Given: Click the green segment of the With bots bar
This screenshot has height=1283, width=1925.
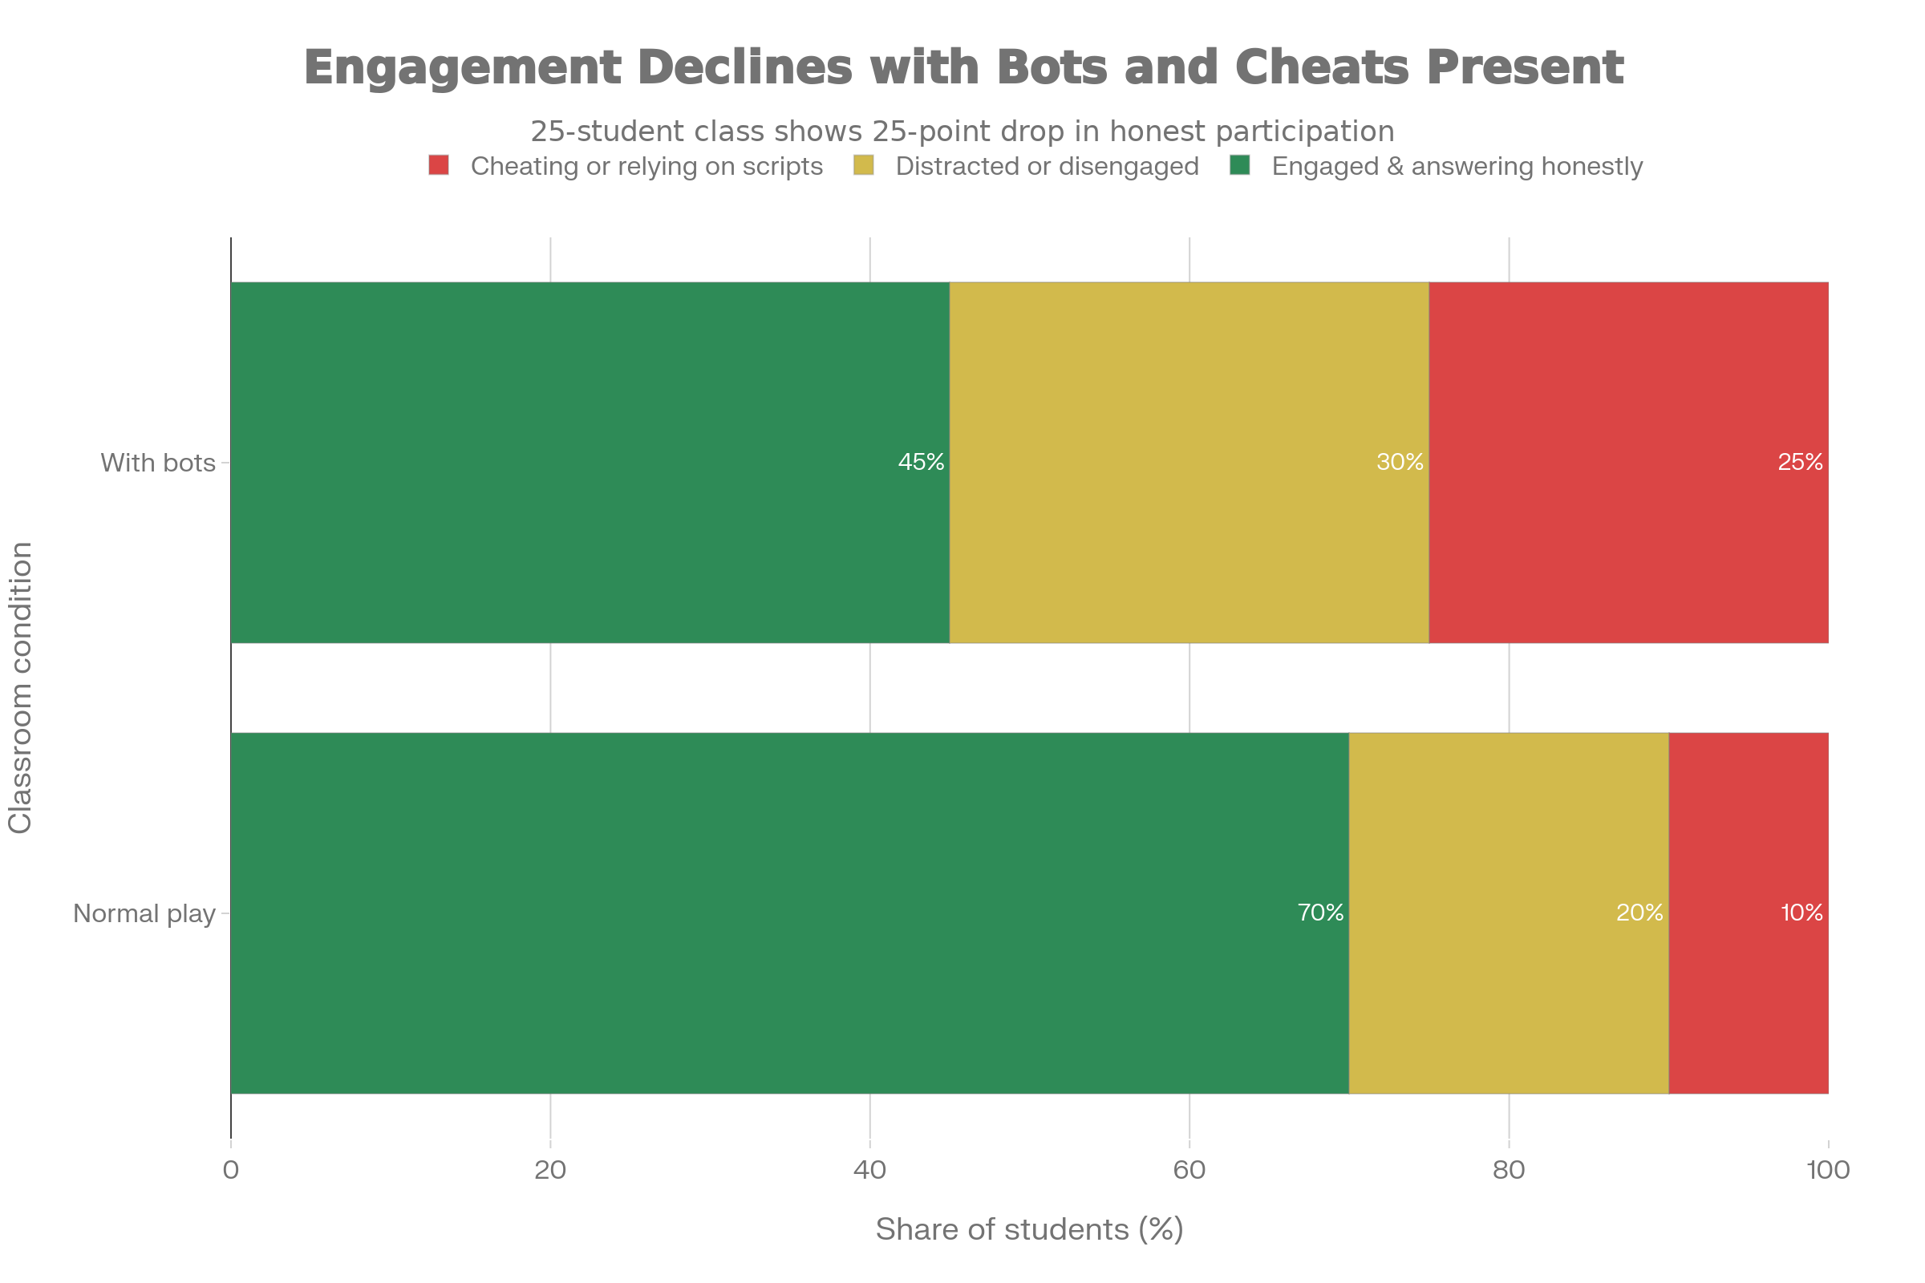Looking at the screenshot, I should tap(590, 463).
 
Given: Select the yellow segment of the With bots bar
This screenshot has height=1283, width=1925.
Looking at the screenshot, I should tap(1189, 463).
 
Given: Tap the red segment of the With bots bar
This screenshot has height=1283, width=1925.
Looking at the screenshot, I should tap(1628, 463).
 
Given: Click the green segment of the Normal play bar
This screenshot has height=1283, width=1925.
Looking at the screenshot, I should tap(789, 913).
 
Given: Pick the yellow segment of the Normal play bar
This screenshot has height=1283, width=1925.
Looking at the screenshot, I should tap(1509, 913).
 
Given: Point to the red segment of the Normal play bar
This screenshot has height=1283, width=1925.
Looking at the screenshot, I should tap(1749, 913).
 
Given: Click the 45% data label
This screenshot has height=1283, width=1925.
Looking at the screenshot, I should tap(921, 463).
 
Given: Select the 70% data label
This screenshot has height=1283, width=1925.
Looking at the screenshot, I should tap(1320, 913).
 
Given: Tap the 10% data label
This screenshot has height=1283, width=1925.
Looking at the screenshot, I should tap(1801, 913).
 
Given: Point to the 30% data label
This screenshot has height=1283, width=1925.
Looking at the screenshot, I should tap(1400, 463).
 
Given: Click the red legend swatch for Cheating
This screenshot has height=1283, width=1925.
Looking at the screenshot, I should tap(439, 165).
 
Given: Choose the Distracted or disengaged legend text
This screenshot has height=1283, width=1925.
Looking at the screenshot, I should tap(1047, 166).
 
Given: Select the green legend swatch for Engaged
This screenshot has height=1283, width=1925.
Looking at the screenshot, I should tap(1240, 165).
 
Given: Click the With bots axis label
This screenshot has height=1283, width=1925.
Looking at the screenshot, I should tap(157, 463).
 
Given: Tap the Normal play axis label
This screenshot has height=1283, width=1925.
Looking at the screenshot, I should tap(144, 913).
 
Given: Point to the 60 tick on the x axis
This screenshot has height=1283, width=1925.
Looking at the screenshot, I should tap(1189, 1170).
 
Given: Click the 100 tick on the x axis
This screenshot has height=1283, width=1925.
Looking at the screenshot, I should tap(1828, 1170).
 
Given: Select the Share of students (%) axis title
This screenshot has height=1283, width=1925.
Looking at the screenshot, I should tap(1029, 1229).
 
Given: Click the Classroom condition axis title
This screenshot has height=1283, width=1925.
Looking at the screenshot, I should tap(21, 687).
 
